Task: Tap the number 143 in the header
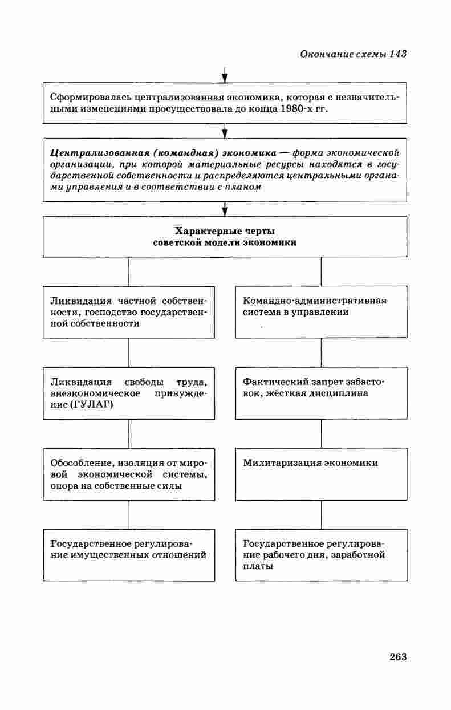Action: click(398, 54)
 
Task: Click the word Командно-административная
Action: click(315, 301)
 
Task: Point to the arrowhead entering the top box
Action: click(225, 79)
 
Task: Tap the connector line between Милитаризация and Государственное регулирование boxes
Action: click(321, 515)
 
